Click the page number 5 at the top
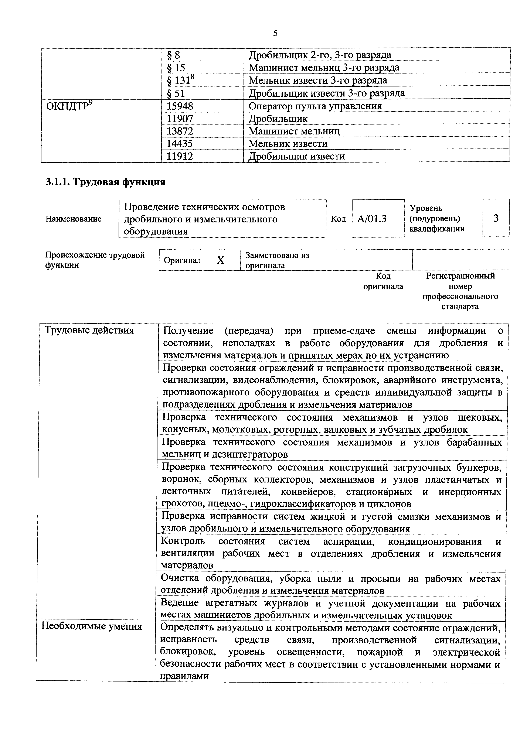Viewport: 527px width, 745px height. [275, 33]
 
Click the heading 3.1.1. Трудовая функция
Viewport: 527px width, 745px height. [105, 182]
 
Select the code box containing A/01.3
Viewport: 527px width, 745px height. [378, 219]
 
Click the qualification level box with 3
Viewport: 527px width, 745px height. [496, 218]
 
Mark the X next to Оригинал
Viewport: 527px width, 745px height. [220, 260]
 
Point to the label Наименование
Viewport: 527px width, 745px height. [73, 219]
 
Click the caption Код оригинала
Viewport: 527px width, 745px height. [383, 281]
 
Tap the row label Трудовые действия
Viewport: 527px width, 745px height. [89, 330]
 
